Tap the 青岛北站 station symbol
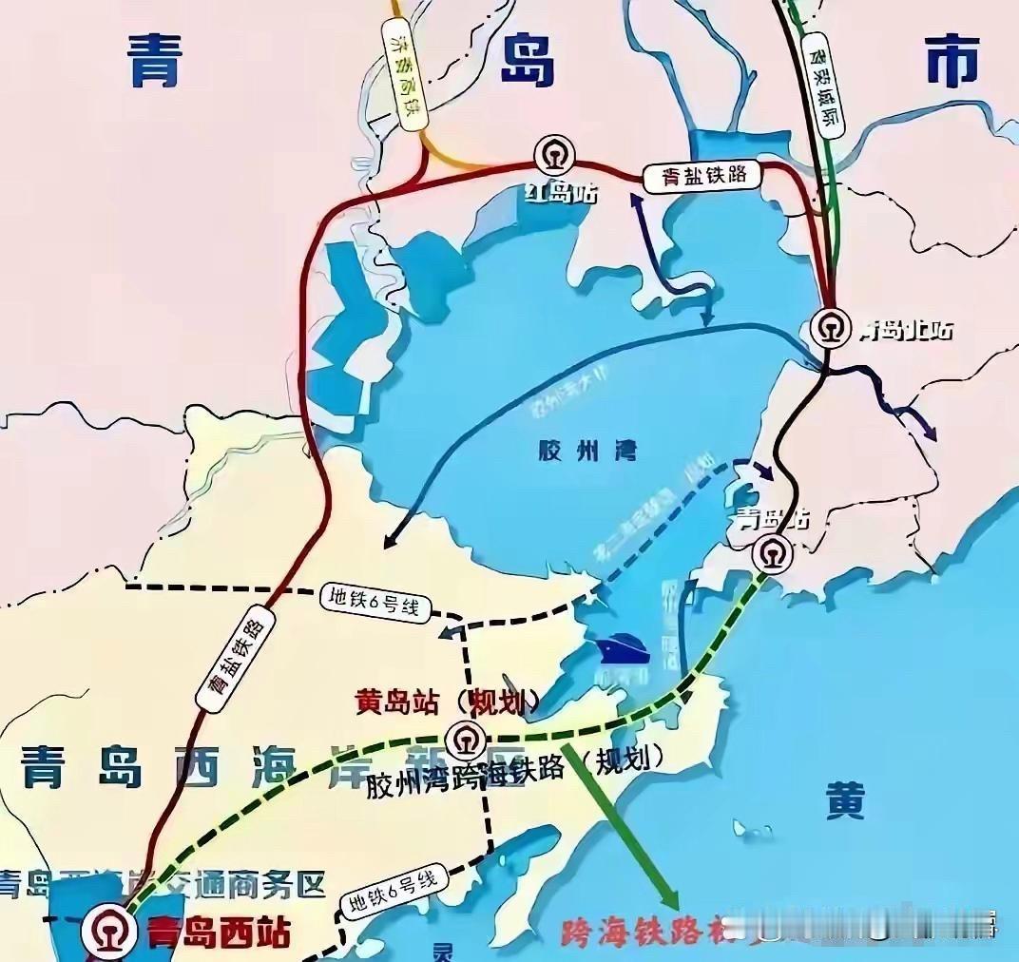[832, 328]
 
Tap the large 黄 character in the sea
[844, 803]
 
